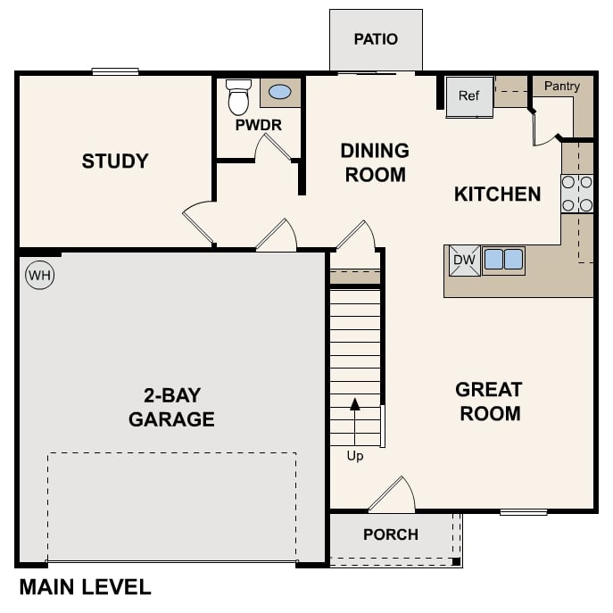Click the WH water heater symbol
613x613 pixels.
[39, 276]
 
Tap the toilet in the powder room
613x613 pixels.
[238, 97]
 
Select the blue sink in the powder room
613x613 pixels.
[279, 92]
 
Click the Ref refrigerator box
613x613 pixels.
[469, 96]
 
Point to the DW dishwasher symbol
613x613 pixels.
[463, 261]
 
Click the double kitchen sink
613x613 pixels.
[503, 261]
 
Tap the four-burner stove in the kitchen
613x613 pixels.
[577, 194]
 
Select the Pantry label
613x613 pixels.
[561, 87]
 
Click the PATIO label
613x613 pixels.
[376, 39]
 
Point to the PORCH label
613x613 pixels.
[391, 534]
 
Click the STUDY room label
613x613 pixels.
[115, 162]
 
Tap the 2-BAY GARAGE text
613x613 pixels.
[171, 407]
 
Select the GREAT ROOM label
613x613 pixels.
[488, 402]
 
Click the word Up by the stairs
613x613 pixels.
[355, 456]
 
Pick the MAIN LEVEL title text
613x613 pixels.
[85, 587]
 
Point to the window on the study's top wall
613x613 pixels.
[115, 71]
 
